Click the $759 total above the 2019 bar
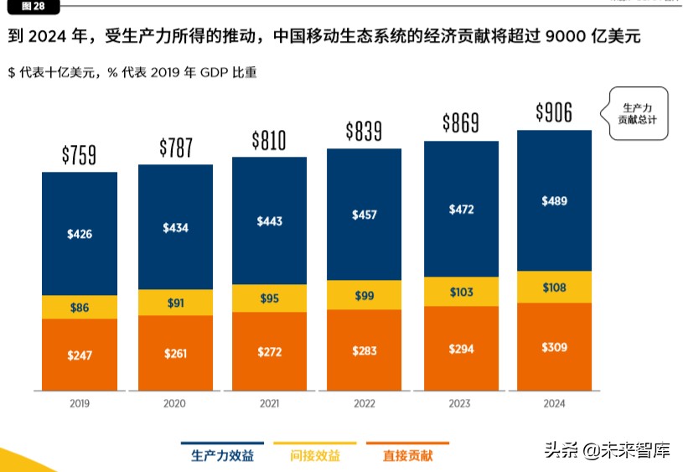80,155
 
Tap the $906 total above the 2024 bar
554,112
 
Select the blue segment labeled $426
80,234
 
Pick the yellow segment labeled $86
80,308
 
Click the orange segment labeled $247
80,355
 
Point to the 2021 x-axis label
269,403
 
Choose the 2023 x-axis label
460,403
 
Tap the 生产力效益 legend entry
222,455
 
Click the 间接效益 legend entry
315,455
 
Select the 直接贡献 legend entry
408,455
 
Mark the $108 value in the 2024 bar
554,288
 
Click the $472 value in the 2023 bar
461,209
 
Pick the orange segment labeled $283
365,350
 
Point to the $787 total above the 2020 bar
176,148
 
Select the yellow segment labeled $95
269,298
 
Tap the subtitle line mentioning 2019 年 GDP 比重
132,72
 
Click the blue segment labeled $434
175,227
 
